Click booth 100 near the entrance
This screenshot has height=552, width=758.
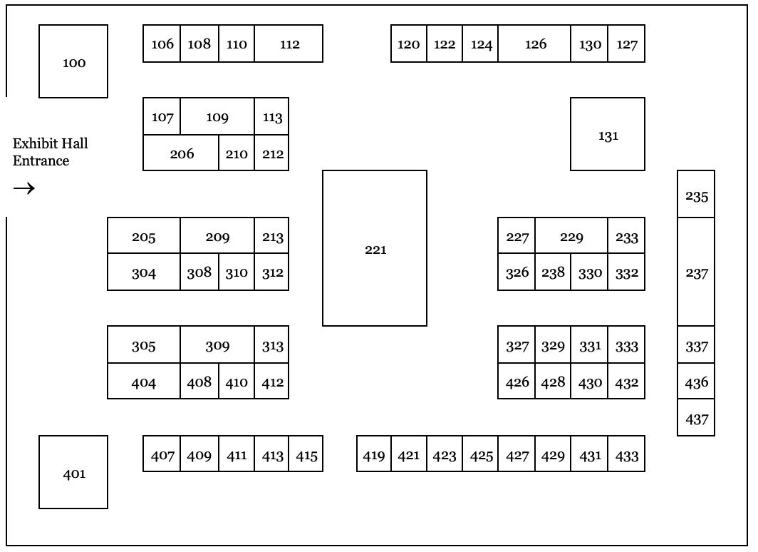pyautogui.click(x=73, y=61)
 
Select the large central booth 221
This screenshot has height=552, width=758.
pyautogui.click(x=375, y=248)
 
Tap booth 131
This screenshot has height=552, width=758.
pyautogui.click(x=608, y=134)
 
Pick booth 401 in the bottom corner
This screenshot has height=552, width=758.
pyautogui.click(x=73, y=472)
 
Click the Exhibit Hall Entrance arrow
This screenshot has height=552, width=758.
pyautogui.click(x=24, y=188)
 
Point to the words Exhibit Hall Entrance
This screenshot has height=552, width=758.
pyautogui.click(x=50, y=152)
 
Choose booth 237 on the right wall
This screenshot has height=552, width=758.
pyautogui.click(x=696, y=272)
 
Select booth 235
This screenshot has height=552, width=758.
pyautogui.click(x=696, y=195)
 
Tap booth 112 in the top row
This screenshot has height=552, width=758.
pyautogui.click(x=289, y=44)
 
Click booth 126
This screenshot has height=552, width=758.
pyautogui.click(x=534, y=44)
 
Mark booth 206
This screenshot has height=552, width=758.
pyautogui.click(x=181, y=153)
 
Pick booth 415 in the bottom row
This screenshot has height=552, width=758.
pyautogui.click(x=306, y=454)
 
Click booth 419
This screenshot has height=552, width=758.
pyautogui.click(x=374, y=454)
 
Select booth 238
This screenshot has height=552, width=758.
pyautogui.click(x=553, y=272)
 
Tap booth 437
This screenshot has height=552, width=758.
pyautogui.click(x=696, y=418)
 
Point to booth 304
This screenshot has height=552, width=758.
pyautogui.click(x=144, y=272)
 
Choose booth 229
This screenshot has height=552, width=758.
pyautogui.click(x=571, y=236)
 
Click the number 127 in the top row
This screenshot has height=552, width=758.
pyautogui.click(x=627, y=44)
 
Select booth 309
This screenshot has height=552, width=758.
pyautogui.click(x=217, y=345)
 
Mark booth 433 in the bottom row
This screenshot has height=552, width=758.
pyautogui.click(x=627, y=454)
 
